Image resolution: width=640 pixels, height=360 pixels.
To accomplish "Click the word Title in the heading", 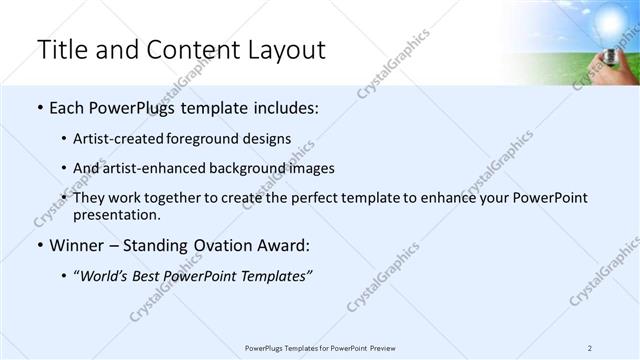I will (62, 50).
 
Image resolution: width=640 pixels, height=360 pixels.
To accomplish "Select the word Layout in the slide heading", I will (280, 50).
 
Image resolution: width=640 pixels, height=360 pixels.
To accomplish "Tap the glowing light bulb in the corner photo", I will (612, 21).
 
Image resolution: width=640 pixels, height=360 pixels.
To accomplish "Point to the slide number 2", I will (590, 348).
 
